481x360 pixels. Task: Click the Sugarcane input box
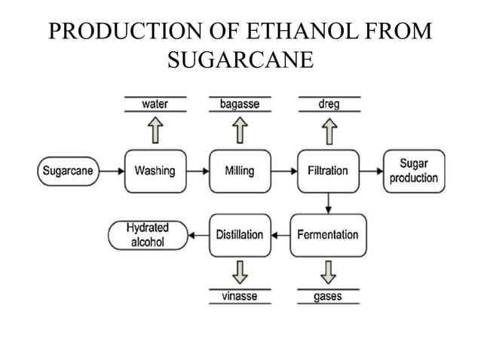click(x=67, y=170)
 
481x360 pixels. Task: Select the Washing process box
click(x=155, y=170)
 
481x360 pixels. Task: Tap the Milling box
click(x=239, y=170)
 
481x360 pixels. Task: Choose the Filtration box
click(x=328, y=170)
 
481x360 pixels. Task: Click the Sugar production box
click(x=414, y=170)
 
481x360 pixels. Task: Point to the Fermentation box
click(x=328, y=235)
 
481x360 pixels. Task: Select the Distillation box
click(x=239, y=235)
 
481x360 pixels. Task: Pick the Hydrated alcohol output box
click(x=148, y=235)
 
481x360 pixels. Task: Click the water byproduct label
click(x=155, y=105)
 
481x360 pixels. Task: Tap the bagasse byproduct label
click(x=239, y=105)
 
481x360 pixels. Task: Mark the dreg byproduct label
click(x=329, y=105)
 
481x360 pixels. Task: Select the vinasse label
click(x=239, y=297)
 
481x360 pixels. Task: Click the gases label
click(x=328, y=297)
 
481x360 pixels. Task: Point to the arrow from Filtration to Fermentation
click(x=328, y=202)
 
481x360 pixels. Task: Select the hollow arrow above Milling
click(x=239, y=131)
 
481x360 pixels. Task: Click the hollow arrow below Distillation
click(x=239, y=272)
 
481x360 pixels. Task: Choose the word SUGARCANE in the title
click(x=240, y=59)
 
